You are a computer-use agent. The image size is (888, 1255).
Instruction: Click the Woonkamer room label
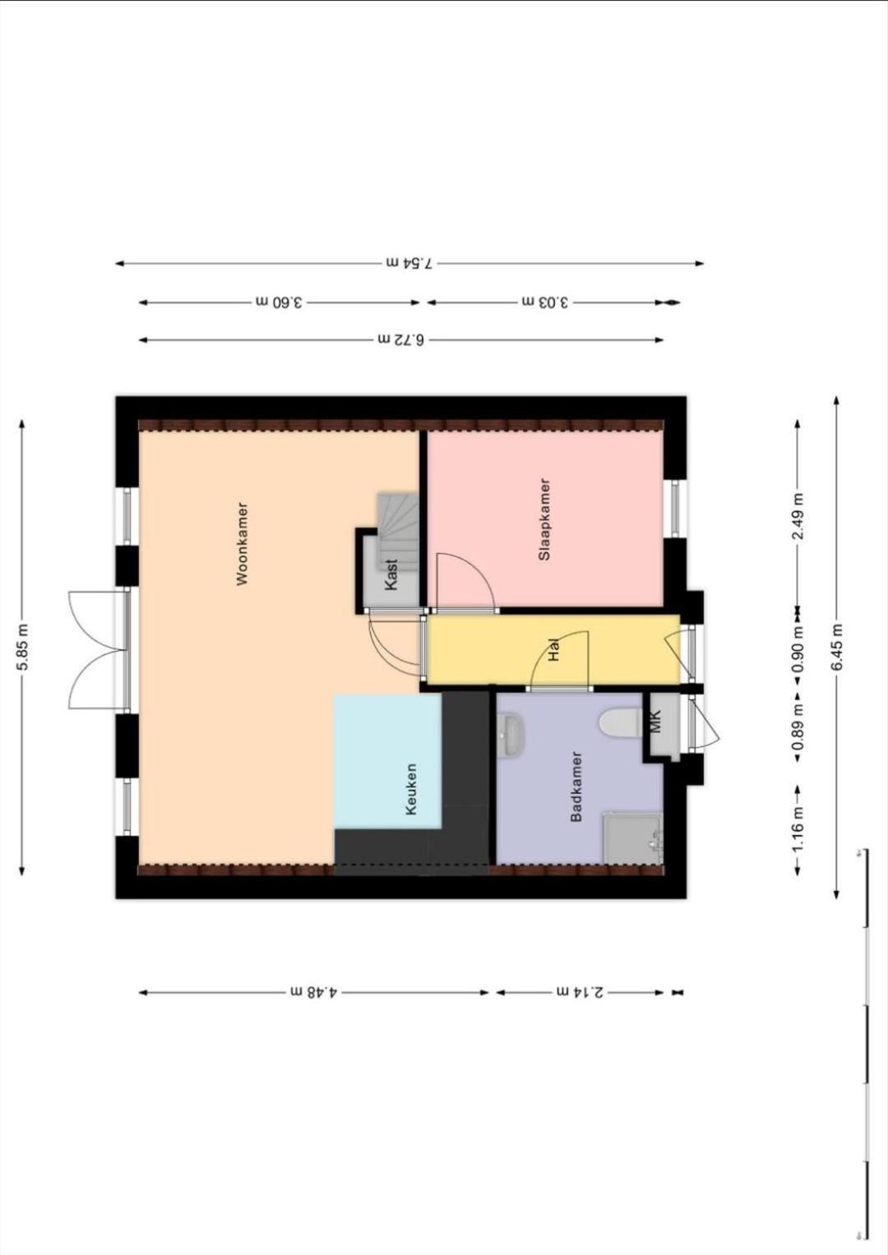pos(243,544)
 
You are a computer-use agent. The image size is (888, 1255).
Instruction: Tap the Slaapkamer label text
pos(543,519)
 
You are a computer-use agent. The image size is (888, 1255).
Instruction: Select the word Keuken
pos(411,789)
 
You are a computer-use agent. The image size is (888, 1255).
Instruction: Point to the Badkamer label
pos(576,787)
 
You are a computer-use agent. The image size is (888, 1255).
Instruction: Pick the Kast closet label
pos(391,574)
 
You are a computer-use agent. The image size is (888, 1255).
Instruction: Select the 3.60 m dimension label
pos(280,302)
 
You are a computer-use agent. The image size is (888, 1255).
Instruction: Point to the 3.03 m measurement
pos(545,302)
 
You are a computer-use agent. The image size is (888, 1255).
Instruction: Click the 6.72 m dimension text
pos(401,339)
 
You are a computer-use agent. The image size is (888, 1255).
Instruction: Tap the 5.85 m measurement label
pos(23,645)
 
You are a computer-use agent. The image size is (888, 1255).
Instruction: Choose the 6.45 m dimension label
pos(837,645)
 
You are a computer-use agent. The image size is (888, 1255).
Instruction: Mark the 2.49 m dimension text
pos(798,515)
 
